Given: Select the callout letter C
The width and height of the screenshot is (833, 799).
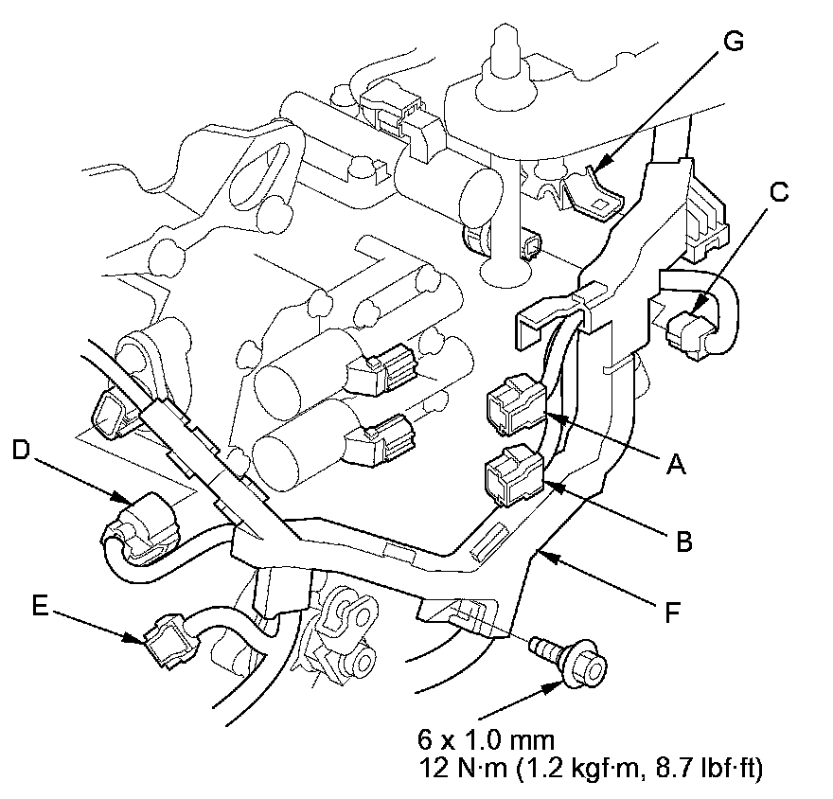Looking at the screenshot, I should (x=777, y=192).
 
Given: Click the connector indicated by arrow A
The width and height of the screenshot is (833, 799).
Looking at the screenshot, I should (x=514, y=403).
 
